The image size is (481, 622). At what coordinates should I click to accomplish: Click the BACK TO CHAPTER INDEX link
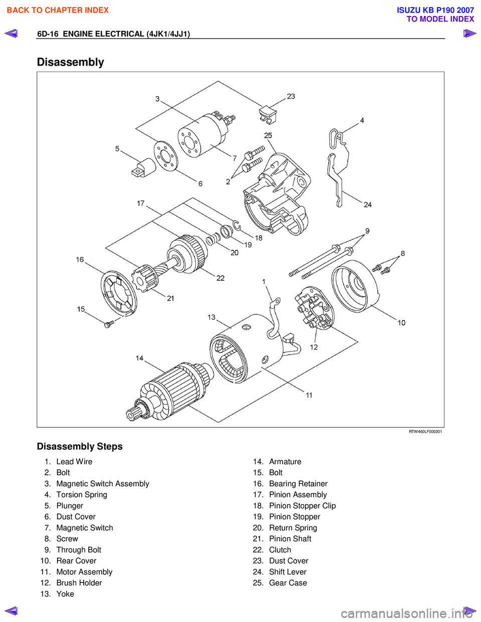[x=58, y=10]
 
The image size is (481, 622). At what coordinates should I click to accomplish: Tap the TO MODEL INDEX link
[x=440, y=19]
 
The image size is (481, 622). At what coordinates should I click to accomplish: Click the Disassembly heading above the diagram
[x=71, y=62]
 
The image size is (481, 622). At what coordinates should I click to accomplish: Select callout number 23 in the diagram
[x=291, y=96]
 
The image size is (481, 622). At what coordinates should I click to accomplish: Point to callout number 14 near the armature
[x=139, y=358]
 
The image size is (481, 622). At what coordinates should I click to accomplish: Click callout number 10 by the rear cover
[x=401, y=323]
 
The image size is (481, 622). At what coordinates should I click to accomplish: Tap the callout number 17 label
[x=141, y=203]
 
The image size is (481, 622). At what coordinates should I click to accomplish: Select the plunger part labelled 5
[x=144, y=168]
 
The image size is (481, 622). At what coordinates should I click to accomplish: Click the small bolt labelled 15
[x=109, y=324]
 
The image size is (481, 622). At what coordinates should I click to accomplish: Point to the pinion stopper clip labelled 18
[x=236, y=226]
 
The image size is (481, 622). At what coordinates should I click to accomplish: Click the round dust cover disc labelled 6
[x=165, y=156]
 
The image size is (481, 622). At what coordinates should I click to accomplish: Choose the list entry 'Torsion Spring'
[x=82, y=495]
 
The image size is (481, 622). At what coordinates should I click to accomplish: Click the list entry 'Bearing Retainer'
[x=298, y=484]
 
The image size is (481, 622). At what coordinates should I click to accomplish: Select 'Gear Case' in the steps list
[x=288, y=583]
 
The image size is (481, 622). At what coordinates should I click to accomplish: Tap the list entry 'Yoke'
[x=65, y=594]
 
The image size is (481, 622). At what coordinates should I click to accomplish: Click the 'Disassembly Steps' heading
[x=80, y=446]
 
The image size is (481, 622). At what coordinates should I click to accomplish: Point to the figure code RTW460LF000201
[x=425, y=432]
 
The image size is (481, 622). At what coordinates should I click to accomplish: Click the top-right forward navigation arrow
[x=469, y=34]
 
